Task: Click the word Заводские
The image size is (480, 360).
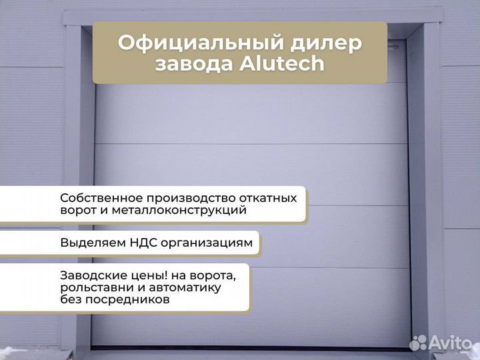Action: click(88, 275)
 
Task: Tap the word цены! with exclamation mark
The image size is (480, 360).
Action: click(141, 275)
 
